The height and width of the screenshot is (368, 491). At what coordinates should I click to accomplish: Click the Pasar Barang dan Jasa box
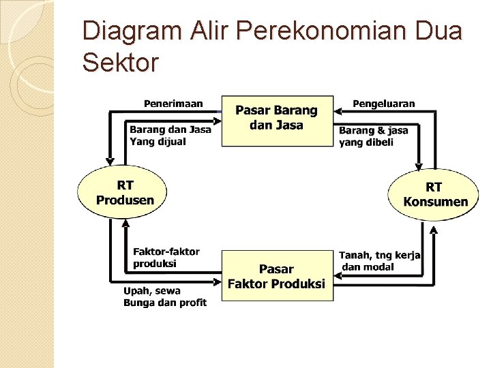click(x=276, y=120)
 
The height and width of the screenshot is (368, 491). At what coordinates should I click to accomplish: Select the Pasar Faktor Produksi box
click(x=276, y=276)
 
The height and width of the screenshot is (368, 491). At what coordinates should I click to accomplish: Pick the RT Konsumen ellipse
click(x=435, y=194)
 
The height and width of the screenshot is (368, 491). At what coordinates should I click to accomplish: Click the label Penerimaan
click(x=173, y=104)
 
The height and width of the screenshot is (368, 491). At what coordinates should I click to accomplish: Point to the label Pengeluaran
click(x=383, y=104)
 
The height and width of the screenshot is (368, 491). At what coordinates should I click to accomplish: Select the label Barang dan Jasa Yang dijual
click(x=170, y=135)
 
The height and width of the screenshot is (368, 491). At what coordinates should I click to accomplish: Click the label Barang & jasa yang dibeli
click(x=373, y=136)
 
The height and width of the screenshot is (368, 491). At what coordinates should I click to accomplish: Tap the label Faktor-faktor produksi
click(x=166, y=257)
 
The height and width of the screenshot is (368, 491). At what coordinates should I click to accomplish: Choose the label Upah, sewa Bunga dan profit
click(x=164, y=296)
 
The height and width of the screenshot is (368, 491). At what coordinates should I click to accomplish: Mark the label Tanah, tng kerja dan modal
click(x=380, y=260)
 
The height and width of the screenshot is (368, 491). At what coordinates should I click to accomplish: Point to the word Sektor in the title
click(x=120, y=63)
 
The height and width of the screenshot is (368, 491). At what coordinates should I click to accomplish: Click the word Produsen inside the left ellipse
click(x=125, y=200)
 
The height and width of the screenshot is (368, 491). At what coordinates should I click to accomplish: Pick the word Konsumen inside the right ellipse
click(x=436, y=202)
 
